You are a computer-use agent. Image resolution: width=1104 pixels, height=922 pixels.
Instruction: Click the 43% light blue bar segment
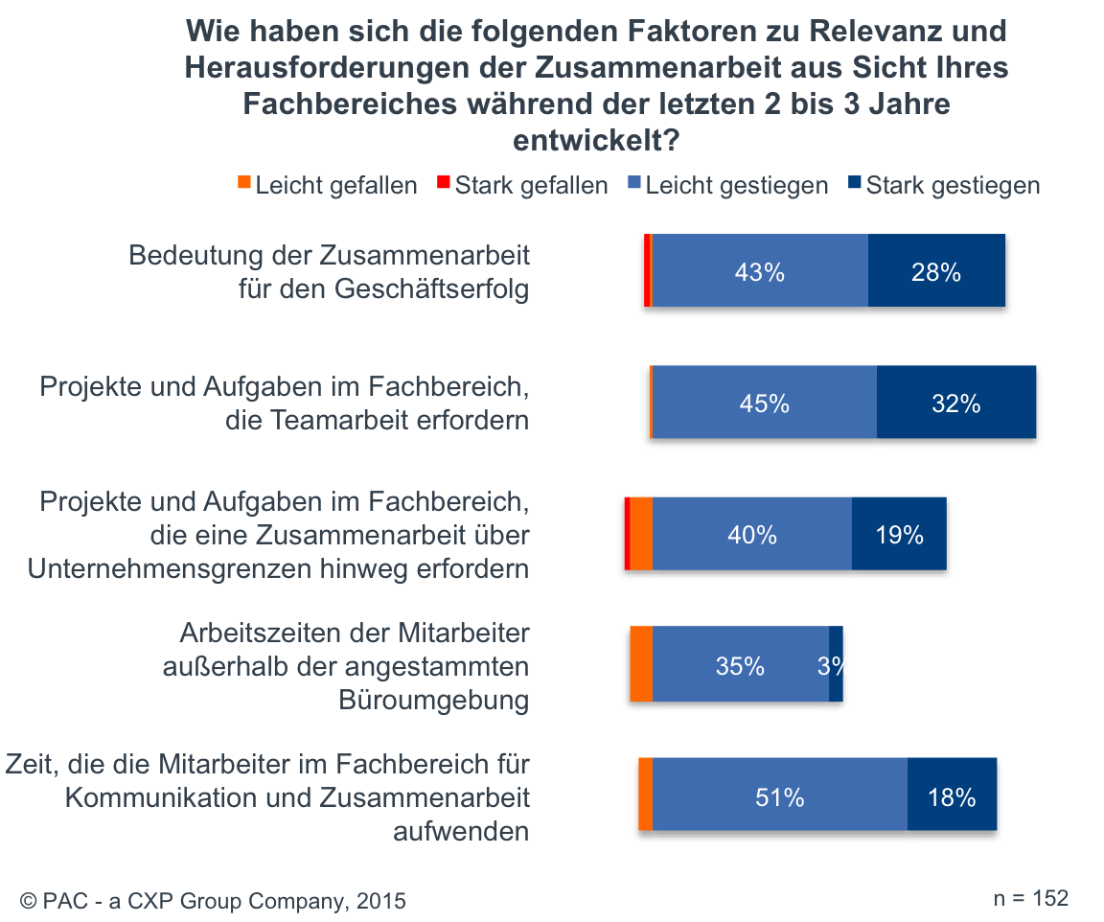point(760,271)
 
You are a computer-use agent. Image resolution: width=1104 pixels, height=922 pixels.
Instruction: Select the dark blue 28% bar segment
point(936,271)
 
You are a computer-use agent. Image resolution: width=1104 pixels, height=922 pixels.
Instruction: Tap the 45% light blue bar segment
point(764,403)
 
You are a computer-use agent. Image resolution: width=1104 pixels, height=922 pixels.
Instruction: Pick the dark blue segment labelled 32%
point(956,403)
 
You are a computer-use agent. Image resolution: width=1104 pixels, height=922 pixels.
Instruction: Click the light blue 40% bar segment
point(752,534)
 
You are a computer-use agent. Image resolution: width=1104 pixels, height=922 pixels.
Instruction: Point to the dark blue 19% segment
point(899,534)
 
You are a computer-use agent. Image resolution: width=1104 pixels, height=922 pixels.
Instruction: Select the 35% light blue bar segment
point(740,664)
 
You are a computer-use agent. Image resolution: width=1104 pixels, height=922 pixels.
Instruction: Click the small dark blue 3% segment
point(836,664)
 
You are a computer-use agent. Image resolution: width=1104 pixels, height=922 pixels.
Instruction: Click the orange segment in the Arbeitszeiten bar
point(641,664)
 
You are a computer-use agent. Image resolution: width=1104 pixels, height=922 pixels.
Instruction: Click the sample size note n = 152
point(1030,898)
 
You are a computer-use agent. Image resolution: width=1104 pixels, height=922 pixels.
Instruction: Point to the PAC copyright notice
point(213,901)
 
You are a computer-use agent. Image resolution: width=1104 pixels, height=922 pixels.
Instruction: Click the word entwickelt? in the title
point(596,140)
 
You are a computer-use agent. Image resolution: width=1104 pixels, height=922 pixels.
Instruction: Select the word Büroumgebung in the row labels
point(433,701)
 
